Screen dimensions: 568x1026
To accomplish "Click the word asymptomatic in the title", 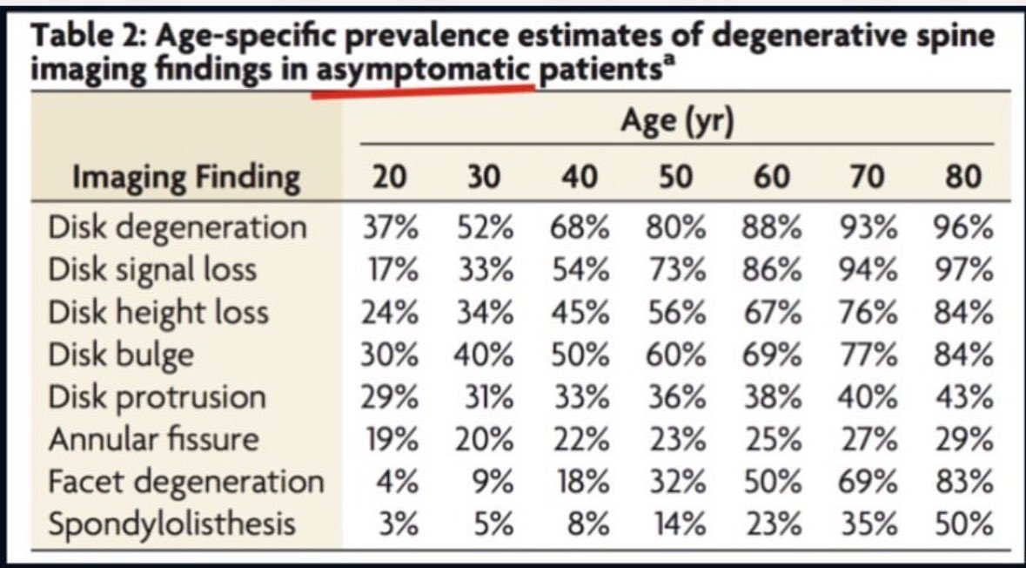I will (423, 72).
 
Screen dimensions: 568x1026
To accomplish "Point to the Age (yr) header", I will (677, 122).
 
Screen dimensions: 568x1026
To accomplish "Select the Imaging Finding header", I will (186, 178).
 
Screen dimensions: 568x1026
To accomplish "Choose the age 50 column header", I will (673, 178).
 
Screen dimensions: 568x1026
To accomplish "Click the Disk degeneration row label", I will (178, 227).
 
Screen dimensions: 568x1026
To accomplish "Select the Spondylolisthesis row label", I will (172, 524).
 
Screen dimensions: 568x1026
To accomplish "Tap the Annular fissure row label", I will (154, 439).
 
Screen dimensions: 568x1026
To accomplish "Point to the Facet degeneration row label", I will (186, 482).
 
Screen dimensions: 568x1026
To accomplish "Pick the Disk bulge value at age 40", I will (578, 355).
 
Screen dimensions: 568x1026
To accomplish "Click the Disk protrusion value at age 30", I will (484, 397).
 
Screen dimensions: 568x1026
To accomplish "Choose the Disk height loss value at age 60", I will (768, 312).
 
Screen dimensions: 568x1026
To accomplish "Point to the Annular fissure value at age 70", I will (867, 439).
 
